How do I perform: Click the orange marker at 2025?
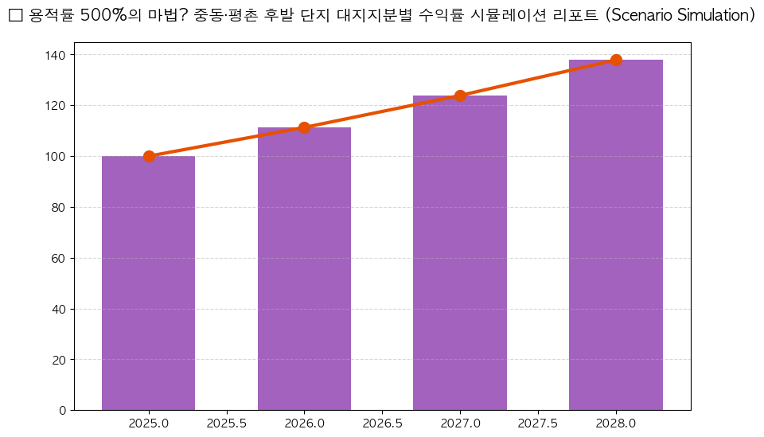pos(149,156)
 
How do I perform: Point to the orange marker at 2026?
pos(304,127)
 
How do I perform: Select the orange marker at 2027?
pos(460,96)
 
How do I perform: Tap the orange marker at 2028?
pos(616,60)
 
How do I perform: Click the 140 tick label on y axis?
pos(57,55)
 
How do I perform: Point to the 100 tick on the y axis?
pos(57,157)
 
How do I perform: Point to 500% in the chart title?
pos(103,16)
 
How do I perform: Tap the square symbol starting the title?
pos(14,16)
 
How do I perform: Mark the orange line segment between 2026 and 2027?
pos(382,111)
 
